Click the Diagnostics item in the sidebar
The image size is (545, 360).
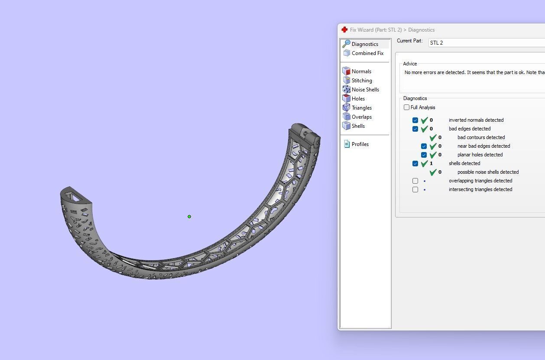tap(364, 44)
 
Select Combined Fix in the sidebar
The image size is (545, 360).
tap(367, 53)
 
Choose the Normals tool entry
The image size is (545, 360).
tap(361, 71)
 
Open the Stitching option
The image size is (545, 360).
tap(361, 81)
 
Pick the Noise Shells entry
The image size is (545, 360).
tap(365, 90)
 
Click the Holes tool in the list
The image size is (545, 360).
tap(358, 99)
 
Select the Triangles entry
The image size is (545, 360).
tap(361, 108)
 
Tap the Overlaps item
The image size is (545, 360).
tap(361, 117)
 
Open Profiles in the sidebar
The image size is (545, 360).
tap(360, 144)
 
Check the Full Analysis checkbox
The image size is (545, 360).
tap(406, 107)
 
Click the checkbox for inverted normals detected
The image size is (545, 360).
tap(415, 120)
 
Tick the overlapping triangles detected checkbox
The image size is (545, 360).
tap(415, 181)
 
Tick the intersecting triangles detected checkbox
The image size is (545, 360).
tap(415, 190)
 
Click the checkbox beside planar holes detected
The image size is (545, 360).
tap(424, 155)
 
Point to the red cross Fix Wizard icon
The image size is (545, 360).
tap(344, 30)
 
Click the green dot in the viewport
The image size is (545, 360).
tap(189, 217)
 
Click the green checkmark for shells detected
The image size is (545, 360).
tap(425, 164)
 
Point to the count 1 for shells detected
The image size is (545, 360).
tap(431, 164)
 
